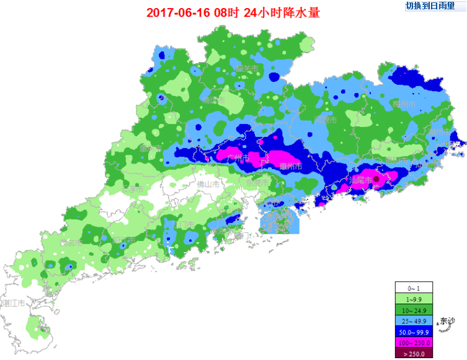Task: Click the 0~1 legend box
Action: tap(412, 288)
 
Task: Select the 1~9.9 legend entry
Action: tap(412, 299)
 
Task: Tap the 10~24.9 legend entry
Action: tap(412, 309)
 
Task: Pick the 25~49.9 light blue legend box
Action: tap(412, 320)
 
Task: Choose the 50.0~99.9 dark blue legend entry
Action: tap(412, 331)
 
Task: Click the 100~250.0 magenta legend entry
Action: tap(412, 342)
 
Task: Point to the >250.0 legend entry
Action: tap(412, 353)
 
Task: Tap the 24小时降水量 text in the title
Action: tap(282, 13)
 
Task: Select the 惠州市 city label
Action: tap(290, 166)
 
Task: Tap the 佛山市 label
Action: tap(208, 184)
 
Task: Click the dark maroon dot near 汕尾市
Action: tap(376, 179)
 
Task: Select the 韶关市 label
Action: tap(247, 68)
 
